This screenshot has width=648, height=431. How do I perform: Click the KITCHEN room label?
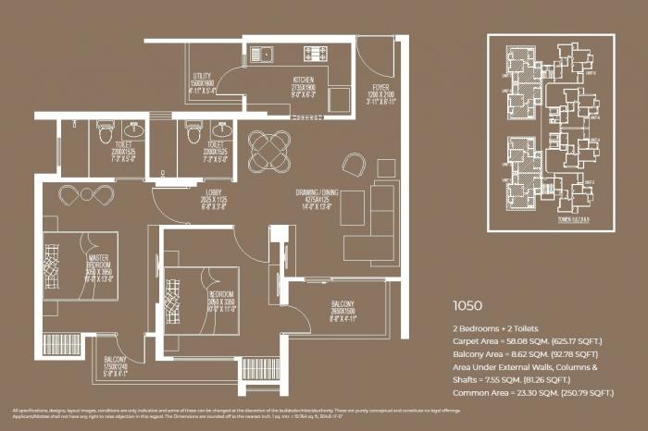[x=305, y=80]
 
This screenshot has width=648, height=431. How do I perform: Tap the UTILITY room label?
[x=203, y=76]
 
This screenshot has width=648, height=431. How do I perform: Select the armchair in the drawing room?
[x=353, y=165]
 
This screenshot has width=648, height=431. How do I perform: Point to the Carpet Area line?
[x=526, y=341]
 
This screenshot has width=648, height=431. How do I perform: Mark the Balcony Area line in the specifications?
[x=525, y=354]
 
